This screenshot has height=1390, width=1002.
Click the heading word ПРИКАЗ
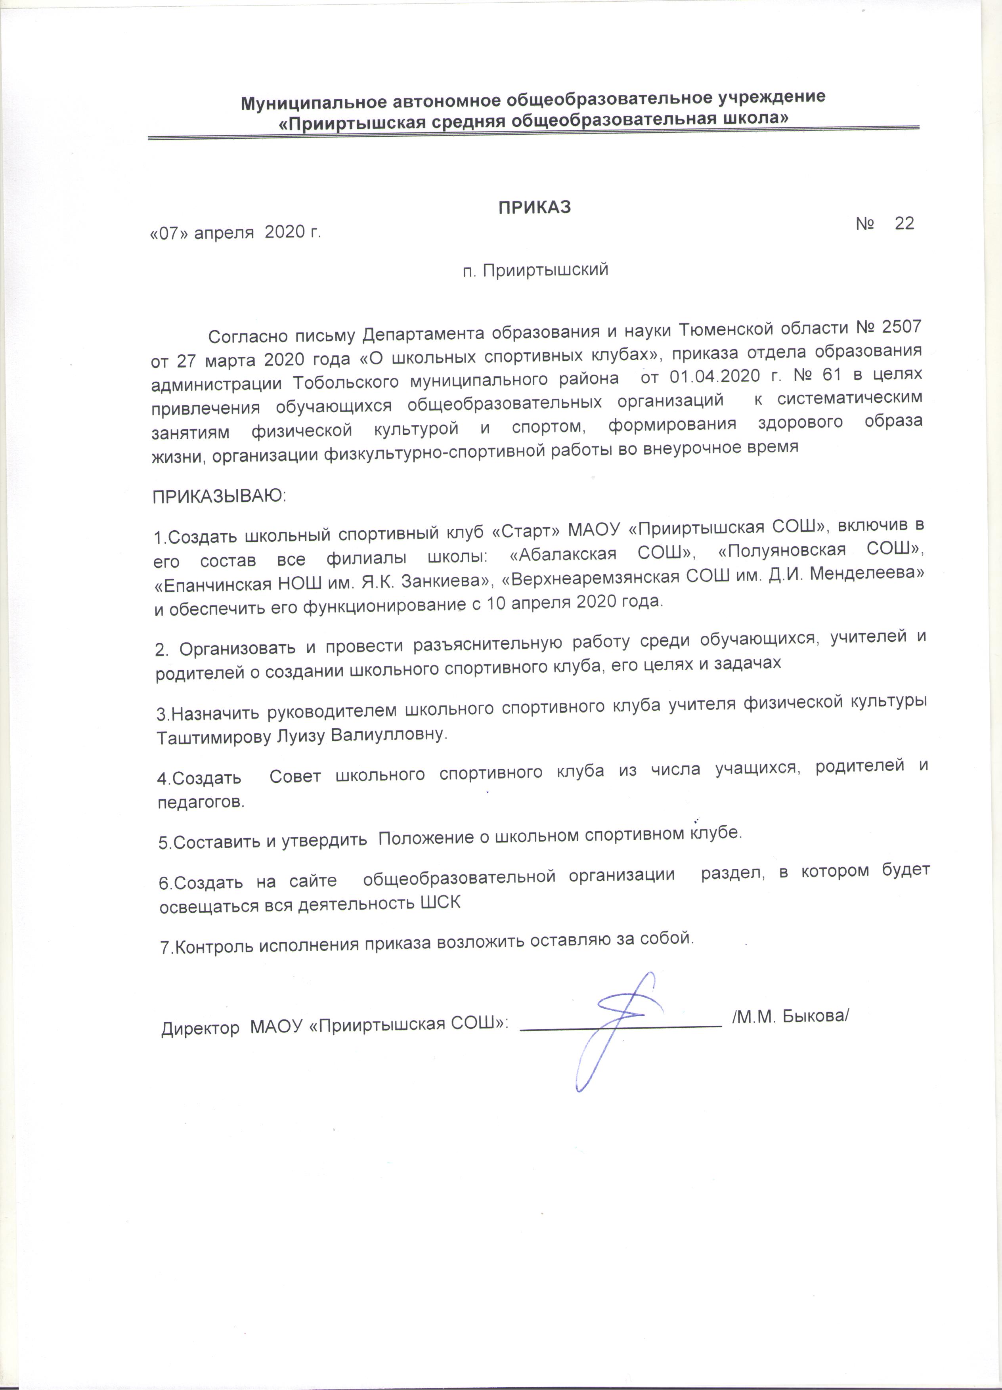click(534, 208)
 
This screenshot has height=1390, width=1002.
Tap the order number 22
click(904, 223)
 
